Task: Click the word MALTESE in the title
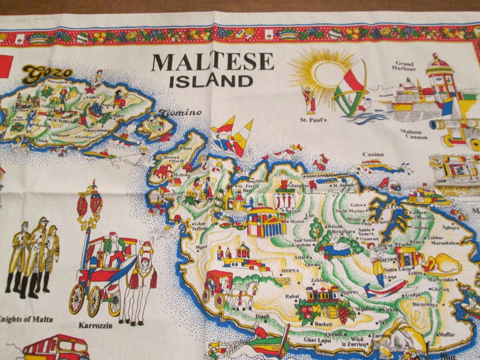pos(212,62)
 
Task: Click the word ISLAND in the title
pos(210,81)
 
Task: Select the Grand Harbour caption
pos(404,66)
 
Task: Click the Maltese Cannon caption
pos(414,134)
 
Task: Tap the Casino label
pos(373,154)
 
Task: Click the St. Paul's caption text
pos(313,120)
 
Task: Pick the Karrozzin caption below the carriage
pos(95,325)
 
